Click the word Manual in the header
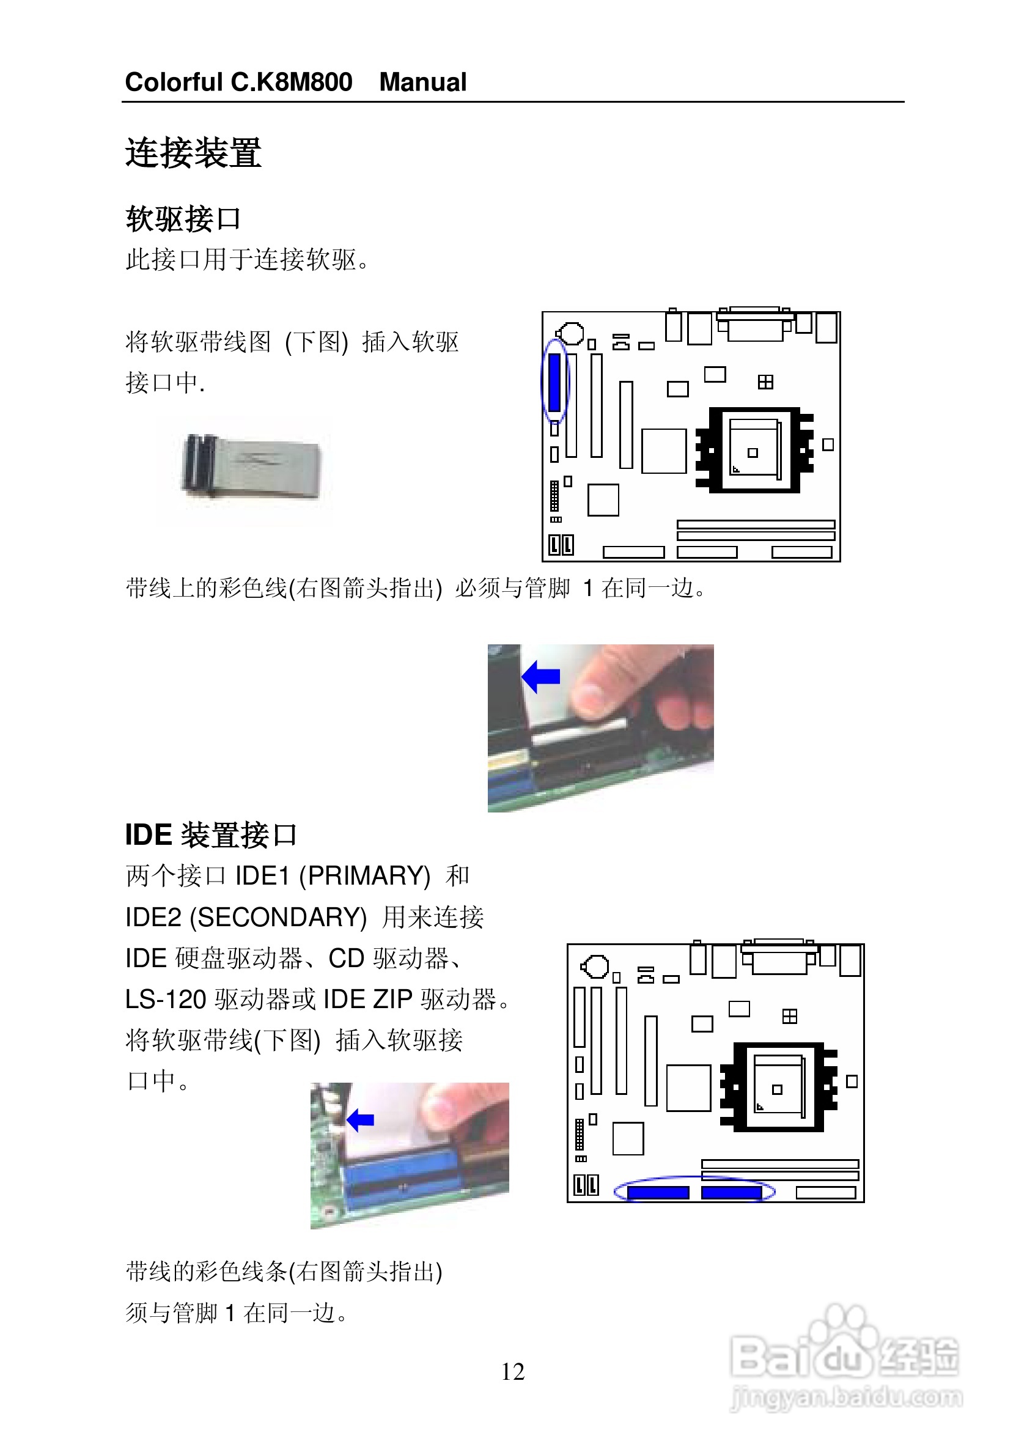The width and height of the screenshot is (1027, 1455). [x=422, y=83]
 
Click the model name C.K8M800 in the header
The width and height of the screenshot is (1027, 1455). [x=292, y=83]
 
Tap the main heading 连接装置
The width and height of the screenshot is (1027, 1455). [x=193, y=153]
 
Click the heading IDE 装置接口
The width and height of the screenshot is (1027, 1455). [x=211, y=834]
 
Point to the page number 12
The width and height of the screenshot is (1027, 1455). [x=512, y=1372]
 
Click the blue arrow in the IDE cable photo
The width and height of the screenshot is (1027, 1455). [x=361, y=1120]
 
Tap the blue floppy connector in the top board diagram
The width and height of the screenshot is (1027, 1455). [x=555, y=382]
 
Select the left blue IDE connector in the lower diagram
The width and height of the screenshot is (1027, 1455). [x=658, y=1193]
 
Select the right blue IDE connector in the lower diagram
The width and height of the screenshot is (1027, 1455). [x=731, y=1193]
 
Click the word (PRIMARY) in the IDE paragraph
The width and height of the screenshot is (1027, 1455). [x=365, y=875]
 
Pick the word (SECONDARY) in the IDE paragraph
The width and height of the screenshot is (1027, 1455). [x=279, y=917]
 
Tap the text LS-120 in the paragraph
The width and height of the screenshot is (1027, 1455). [x=166, y=1000]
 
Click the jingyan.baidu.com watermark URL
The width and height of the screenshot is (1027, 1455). [x=847, y=1398]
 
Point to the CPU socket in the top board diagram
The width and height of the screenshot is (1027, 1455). [x=754, y=450]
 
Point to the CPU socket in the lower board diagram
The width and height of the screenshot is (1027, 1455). [x=778, y=1088]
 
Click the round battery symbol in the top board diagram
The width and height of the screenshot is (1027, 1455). [x=572, y=333]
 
